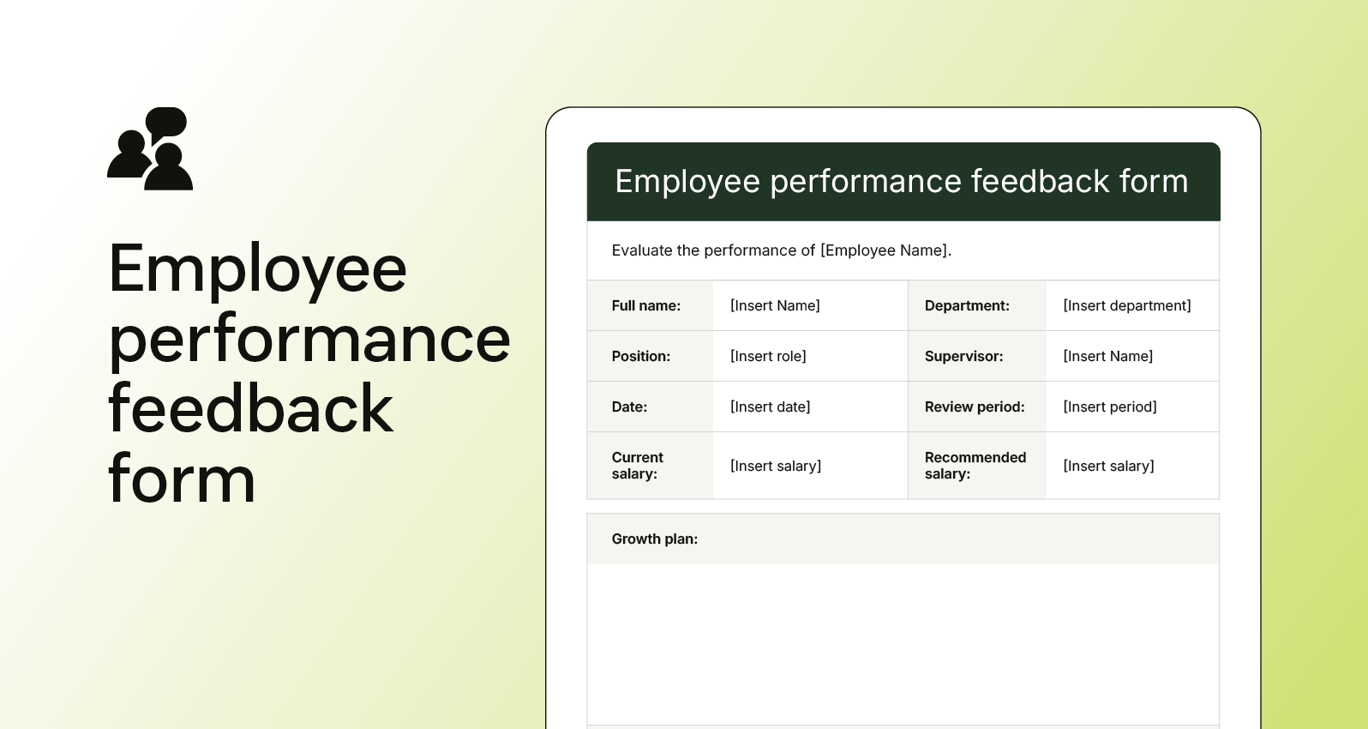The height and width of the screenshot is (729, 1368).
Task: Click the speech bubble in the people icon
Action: click(x=167, y=121)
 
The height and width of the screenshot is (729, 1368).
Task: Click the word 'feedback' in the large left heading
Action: click(x=250, y=409)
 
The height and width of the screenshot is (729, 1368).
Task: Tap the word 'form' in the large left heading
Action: click(x=182, y=479)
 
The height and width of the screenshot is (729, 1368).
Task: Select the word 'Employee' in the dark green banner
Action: click(x=687, y=182)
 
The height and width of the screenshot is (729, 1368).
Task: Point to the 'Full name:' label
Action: click(x=645, y=306)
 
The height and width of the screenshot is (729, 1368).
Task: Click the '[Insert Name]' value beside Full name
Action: click(x=775, y=306)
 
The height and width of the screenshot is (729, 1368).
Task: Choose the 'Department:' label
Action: click(x=967, y=306)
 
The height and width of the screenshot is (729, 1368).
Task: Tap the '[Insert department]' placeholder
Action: click(x=1126, y=306)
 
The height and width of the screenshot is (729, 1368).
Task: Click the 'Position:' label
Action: click(x=640, y=357)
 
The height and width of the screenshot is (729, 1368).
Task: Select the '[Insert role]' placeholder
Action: click(x=768, y=357)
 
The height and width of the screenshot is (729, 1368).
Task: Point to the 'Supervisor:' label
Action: click(x=963, y=357)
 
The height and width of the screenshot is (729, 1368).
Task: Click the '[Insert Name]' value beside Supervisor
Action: click(x=1107, y=357)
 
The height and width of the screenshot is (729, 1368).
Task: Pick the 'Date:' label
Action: click(x=629, y=407)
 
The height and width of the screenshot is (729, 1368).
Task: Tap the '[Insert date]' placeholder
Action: click(x=770, y=407)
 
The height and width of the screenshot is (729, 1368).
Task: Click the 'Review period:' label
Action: click(x=975, y=407)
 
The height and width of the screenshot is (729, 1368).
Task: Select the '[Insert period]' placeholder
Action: click(x=1109, y=407)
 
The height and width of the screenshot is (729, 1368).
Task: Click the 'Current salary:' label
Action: click(x=637, y=466)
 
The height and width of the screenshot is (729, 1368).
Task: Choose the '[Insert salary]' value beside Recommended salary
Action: click(x=1108, y=467)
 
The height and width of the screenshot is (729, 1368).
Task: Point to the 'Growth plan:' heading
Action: click(x=654, y=539)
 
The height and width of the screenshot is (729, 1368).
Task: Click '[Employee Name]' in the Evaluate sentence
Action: click(x=885, y=250)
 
